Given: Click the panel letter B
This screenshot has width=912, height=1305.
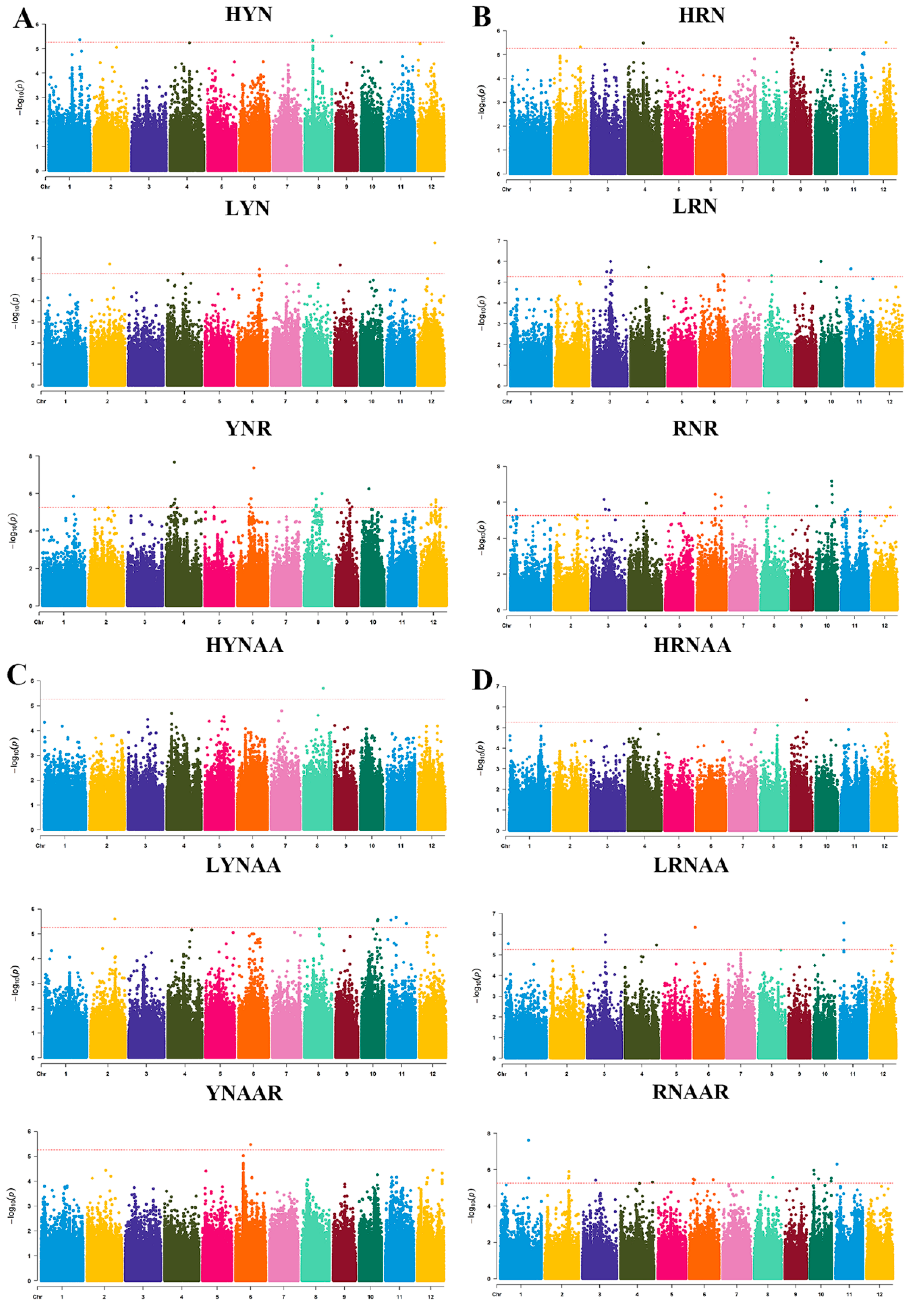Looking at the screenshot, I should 482,17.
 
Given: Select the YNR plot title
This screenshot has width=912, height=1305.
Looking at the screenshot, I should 248,429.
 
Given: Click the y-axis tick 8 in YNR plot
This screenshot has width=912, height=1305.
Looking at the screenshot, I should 32,456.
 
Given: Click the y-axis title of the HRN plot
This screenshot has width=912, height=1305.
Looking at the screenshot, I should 481,102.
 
